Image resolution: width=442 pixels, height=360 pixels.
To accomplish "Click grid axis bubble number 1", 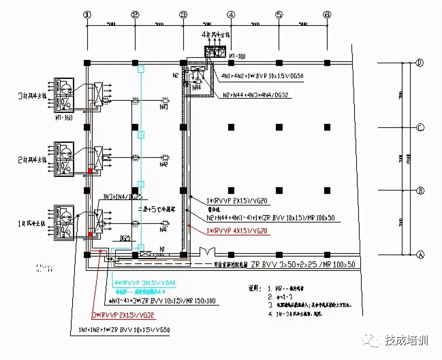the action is [x=88, y=15].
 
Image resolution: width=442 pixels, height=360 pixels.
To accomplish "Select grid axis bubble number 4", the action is [x=231, y=15].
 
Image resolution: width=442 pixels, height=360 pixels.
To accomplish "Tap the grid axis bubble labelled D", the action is [x=420, y=63].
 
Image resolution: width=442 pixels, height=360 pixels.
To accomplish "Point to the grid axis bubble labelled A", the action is [x=420, y=255].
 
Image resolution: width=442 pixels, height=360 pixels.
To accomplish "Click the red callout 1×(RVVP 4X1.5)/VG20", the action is [x=237, y=231].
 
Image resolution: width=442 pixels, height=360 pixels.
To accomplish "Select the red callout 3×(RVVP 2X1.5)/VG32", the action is [x=123, y=315].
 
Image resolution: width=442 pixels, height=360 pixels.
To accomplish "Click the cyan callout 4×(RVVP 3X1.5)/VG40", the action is [x=145, y=283].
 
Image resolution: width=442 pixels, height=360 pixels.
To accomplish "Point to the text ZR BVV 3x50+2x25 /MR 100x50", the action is [x=303, y=264].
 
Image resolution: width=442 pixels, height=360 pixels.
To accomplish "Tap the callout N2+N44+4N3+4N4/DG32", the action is [x=255, y=95].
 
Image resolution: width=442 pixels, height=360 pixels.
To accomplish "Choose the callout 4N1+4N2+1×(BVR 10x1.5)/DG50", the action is [x=262, y=76].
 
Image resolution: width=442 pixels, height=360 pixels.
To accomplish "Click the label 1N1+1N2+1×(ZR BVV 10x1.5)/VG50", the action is [x=124, y=330].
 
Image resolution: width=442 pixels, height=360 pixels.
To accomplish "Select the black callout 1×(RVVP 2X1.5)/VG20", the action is [x=237, y=201].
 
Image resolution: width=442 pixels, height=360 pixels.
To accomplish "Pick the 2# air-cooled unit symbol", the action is [x=64, y=159].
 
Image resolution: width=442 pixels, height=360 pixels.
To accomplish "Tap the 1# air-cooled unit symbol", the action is [x=64, y=223].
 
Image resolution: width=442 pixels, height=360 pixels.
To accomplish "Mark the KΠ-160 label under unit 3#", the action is [x=64, y=118].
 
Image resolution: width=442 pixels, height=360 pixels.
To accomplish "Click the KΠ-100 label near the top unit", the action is [x=237, y=56].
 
